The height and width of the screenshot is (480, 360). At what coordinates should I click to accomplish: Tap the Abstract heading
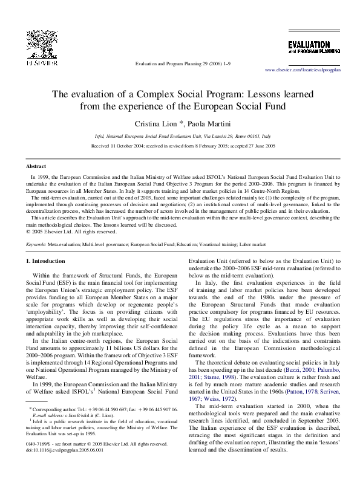(x=36, y=166)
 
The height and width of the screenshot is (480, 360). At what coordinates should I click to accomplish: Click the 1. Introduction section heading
(x=47, y=261)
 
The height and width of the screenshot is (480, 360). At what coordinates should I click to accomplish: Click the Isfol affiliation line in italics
(x=180, y=137)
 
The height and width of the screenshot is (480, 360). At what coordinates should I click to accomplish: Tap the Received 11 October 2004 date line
(x=180, y=146)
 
